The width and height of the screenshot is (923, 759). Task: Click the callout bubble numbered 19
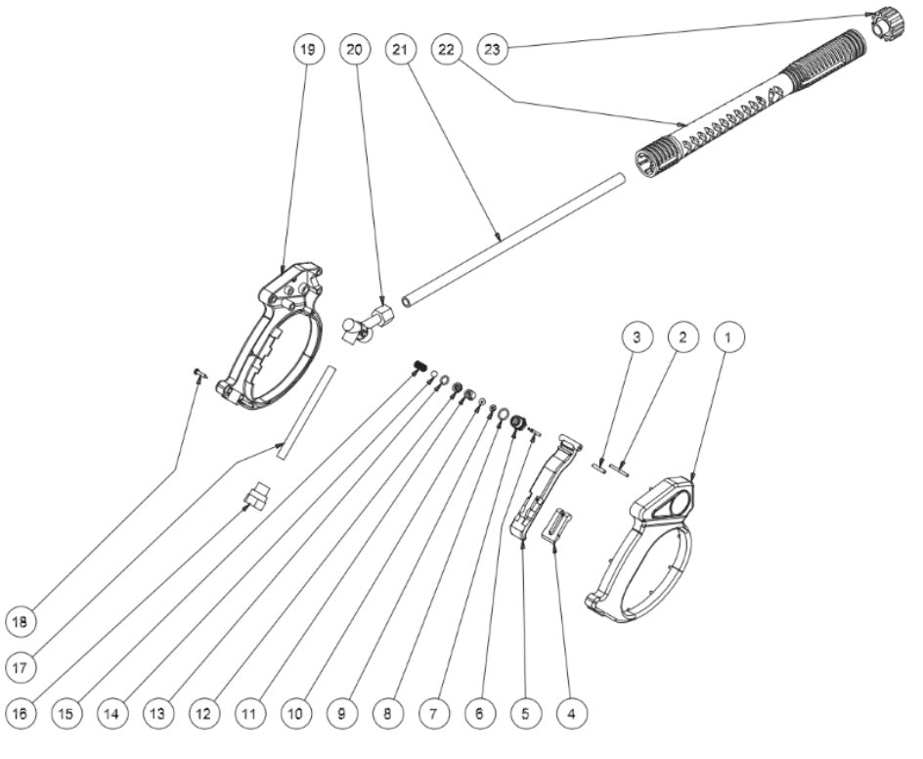pos(309,49)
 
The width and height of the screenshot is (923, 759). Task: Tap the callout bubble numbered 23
pos(494,49)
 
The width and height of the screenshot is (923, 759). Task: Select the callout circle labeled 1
pos(726,335)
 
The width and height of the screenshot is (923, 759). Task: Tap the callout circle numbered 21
pos(401,49)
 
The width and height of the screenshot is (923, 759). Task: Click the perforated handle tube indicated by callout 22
pos(733,112)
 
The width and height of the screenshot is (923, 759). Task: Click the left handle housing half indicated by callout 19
pos(274,337)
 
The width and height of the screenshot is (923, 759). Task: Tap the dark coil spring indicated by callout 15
pos(421,367)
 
